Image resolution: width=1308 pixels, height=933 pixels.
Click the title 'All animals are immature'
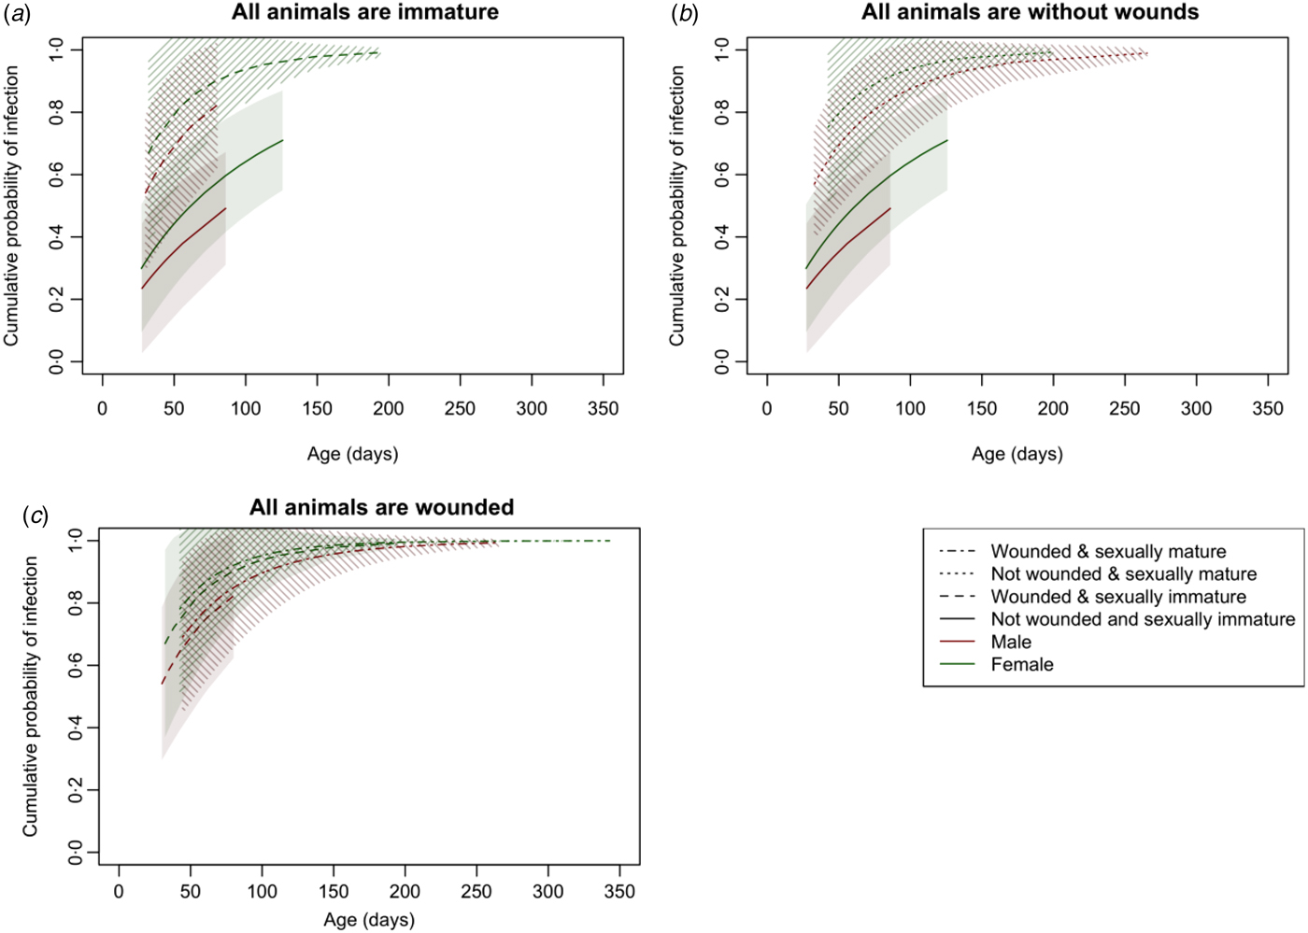click(365, 12)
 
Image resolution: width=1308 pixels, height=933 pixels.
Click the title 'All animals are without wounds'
click(1030, 12)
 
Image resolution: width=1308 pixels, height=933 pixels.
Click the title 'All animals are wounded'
click(381, 507)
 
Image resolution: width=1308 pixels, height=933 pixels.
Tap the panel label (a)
click(18, 14)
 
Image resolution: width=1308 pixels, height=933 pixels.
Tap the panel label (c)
click(36, 516)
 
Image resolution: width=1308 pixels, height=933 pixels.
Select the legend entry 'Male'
click(1011, 642)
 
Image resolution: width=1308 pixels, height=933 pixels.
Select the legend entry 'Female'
click(1021, 664)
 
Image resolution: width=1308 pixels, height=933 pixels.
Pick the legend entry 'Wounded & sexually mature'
click(1108, 551)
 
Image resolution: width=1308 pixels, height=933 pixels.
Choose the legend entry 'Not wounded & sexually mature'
click(1123, 573)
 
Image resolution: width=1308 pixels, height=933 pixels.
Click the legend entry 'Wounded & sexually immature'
click(1118, 596)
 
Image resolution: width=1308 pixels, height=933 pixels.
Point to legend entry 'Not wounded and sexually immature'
click(1143, 619)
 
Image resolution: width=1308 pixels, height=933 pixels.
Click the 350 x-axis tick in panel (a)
click(604, 408)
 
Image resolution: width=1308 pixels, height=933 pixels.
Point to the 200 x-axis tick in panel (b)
click(1053, 408)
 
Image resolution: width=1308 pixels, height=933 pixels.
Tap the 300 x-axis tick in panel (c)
click(548, 891)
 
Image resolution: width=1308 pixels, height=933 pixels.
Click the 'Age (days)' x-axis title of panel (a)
click(352, 454)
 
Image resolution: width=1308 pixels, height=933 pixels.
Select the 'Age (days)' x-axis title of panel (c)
click(369, 920)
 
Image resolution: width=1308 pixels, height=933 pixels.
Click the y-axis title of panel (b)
click(676, 205)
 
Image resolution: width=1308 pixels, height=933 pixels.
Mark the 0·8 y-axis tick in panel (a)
click(56, 113)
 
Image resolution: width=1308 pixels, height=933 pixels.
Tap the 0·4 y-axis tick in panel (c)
click(75, 728)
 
